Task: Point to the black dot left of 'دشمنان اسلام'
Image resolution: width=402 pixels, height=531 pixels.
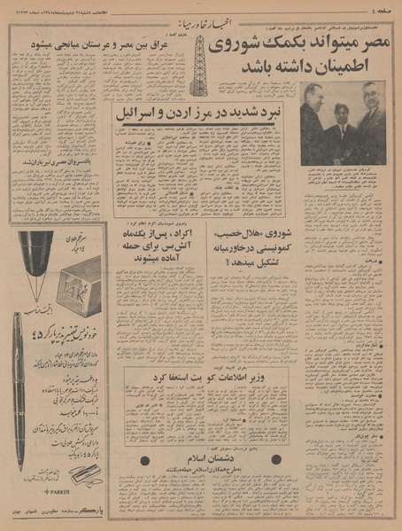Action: tap(144, 460)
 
